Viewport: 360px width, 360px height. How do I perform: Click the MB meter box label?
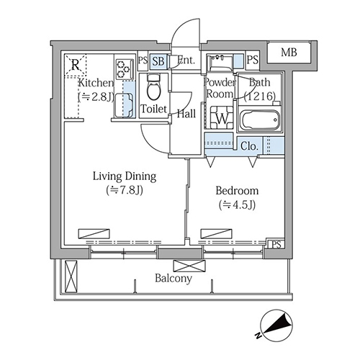pyautogui.click(x=289, y=53)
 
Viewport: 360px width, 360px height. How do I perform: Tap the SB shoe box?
pyautogui.click(x=158, y=61)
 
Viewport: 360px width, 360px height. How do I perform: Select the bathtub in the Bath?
pyautogui.click(x=260, y=120)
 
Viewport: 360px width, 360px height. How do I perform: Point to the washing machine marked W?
pyautogui.click(x=222, y=117)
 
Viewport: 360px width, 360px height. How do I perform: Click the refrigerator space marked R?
pyautogui.click(x=76, y=65)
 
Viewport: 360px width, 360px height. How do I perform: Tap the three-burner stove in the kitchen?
pyautogui.click(x=125, y=69)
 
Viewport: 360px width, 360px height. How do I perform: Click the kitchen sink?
pyautogui.click(x=124, y=106)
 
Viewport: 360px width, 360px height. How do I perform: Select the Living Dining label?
pyautogui.click(x=125, y=176)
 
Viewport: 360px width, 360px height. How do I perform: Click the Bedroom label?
pyautogui.click(x=237, y=191)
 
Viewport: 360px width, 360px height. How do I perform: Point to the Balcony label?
pyautogui.click(x=174, y=279)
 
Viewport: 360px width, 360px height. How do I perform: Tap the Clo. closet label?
pyautogui.click(x=249, y=146)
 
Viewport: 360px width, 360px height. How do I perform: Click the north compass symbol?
pyautogui.click(x=276, y=325)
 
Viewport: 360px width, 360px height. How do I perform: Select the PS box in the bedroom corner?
pyautogui.click(x=276, y=245)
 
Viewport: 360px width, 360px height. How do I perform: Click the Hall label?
pyautogui.click(x=186, y=114)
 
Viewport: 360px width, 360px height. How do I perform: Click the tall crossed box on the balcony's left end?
pyautogui.click(x=71, y=276)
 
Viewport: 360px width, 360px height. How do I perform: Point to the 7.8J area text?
pyautogui.click(x=125, y=190)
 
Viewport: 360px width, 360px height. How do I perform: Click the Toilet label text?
pyautogui.click(x=153, y=109)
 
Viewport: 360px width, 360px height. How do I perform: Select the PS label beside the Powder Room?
pyautogui.click(x=253, y=60)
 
